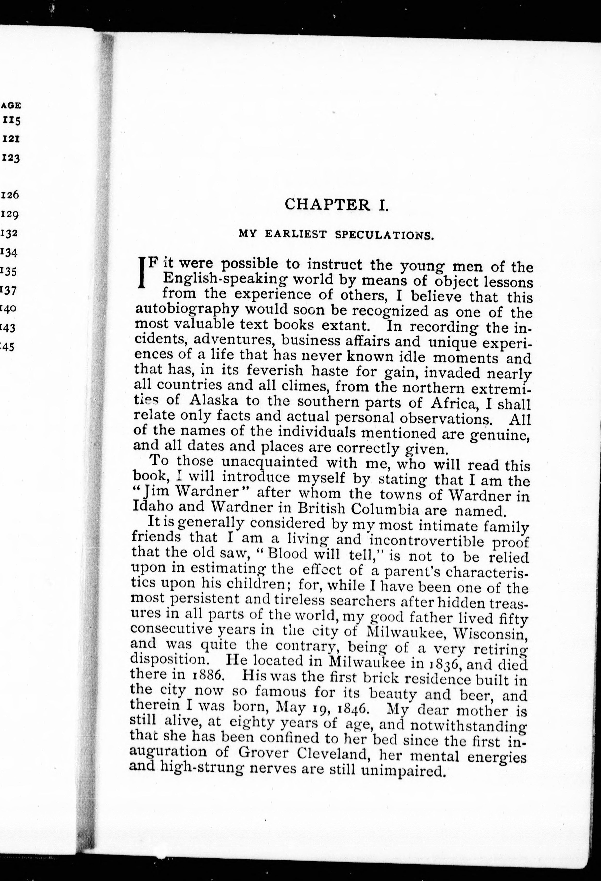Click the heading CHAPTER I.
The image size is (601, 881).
point(336,205)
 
